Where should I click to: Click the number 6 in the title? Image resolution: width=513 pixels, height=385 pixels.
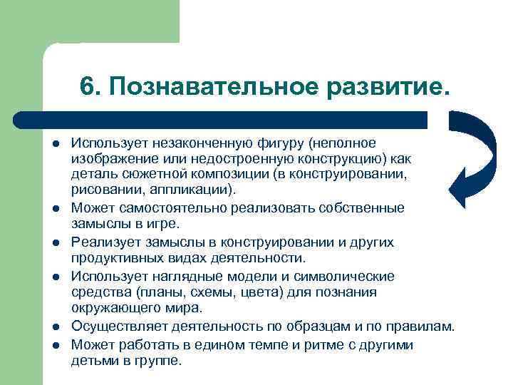[x=88, y=86]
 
